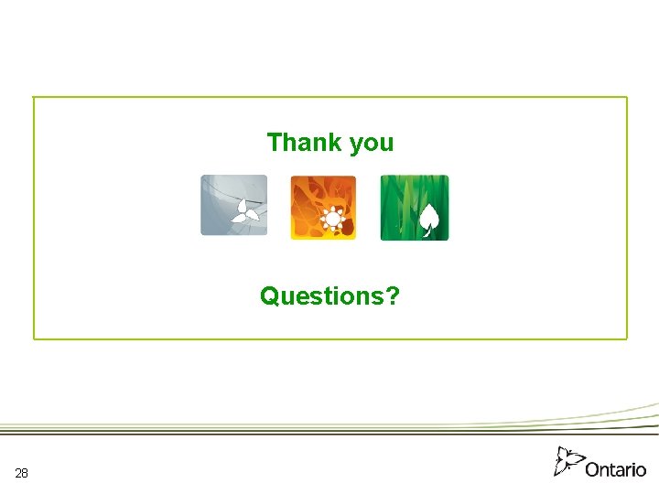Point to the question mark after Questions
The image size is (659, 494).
click(x=393, y=296)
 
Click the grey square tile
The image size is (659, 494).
click(x=234, y=206)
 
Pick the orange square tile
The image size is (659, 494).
click(x=323, y=208)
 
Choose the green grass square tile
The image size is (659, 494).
click(x=415, y=208)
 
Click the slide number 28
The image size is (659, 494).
click(x=22, y=473)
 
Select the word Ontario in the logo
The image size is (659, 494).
click(x=616, y=469)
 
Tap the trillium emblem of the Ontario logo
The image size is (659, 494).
click(x=568, y=461)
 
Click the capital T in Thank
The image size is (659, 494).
click(x=274, y=143)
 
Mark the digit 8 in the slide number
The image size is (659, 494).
click(x=25, y=473)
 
